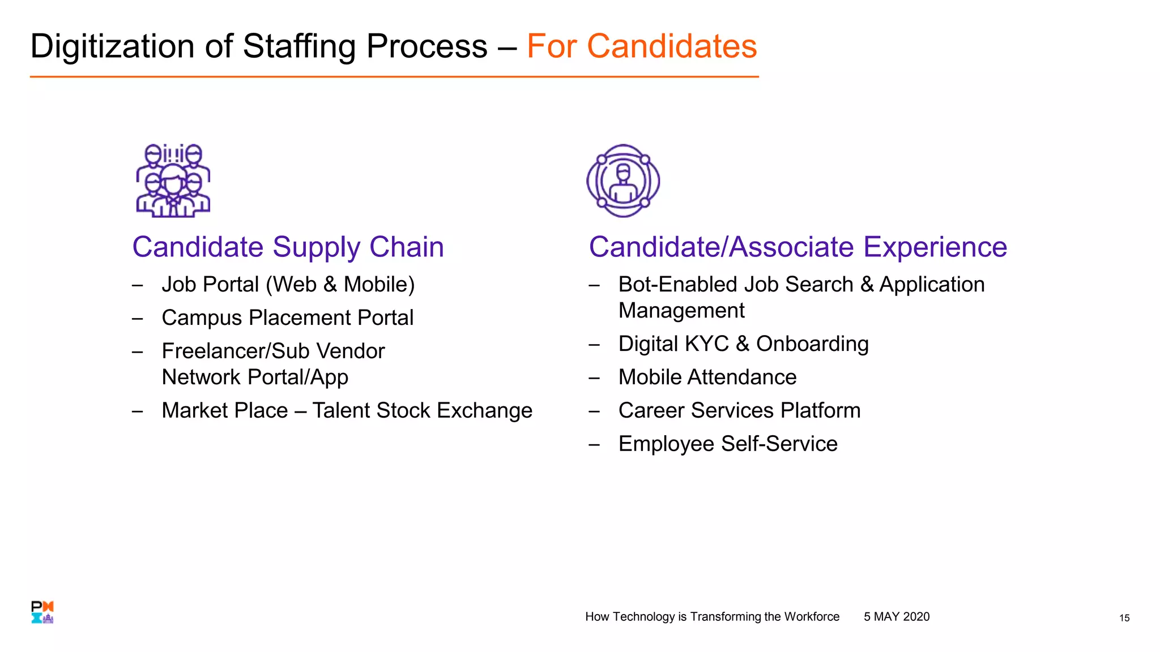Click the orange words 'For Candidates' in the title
pos(641,46)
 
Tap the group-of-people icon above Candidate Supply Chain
pos(173,181)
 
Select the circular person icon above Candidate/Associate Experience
pos(623,181)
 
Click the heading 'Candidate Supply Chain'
pos(288,247)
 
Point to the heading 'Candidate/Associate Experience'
pos(797,247)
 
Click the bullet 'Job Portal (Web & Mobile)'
pos(288,284)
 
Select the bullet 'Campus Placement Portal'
pos(287,318)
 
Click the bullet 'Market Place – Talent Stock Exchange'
pos(347,410)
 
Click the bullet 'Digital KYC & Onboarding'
pos(743,344)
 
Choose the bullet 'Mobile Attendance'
pos(707,377)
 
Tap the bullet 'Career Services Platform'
pos(739,410)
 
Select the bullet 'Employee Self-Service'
pos(727,444)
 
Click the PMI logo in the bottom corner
pos(42,612)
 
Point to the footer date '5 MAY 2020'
pos(896,616)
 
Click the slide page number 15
pos(1124,618)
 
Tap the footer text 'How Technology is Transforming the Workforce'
pos(712,616)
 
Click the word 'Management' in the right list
pos(681,311)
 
